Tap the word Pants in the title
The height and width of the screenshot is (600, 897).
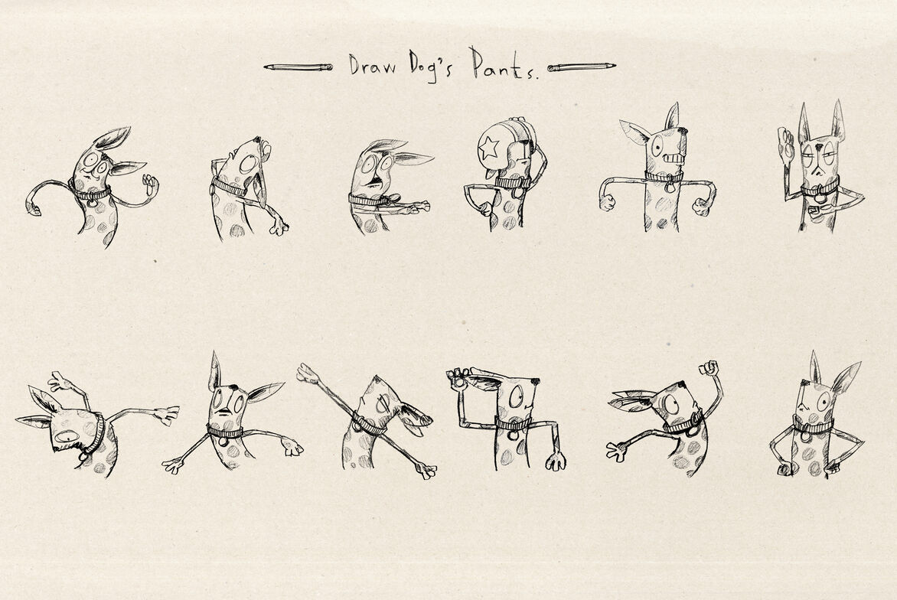504,64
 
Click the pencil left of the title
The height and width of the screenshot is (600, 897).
298,67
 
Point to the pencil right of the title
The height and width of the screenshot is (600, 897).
581,67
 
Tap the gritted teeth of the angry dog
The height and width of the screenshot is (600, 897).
674,156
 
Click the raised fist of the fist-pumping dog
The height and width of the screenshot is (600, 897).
709,368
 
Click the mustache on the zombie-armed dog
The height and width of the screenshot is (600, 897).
375,182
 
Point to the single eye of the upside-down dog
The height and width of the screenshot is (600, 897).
67,437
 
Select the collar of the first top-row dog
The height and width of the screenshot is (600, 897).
90,193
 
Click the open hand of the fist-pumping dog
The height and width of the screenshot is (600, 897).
617,452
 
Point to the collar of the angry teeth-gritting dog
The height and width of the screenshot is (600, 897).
664,177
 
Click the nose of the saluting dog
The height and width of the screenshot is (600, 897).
535,380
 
